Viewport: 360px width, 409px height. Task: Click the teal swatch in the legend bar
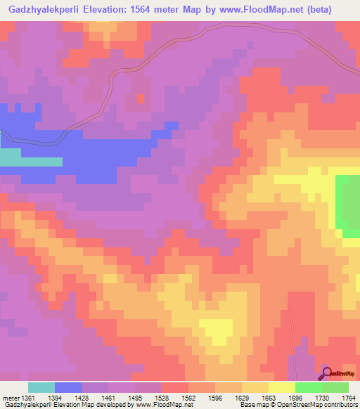41,387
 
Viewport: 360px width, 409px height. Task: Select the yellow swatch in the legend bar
281,387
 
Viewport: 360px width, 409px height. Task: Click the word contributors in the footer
341,405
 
